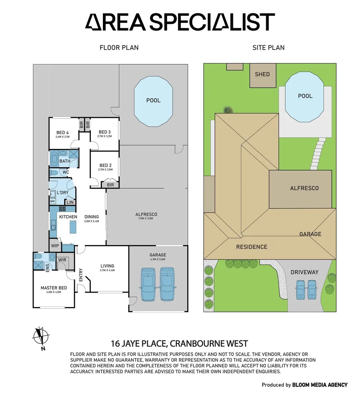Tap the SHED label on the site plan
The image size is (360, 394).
(x=262, y=74)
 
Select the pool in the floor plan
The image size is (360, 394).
(x=153, y=101)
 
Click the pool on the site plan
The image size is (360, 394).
(x=305, y=96)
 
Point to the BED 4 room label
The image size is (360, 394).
(x=62, y=132)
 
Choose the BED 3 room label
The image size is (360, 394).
(x=104, y=132)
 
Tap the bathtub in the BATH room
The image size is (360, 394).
(x=55, y=159)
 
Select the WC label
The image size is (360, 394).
(x=66, y=172)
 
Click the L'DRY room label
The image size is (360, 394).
(x=63, y=192)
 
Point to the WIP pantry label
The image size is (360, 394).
(x=55, y=246)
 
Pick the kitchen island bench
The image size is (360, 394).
(x=73, y=228)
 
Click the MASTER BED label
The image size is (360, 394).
(x=54, y=288)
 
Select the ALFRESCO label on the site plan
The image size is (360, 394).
(x=304, y=188)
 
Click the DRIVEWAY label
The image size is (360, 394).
(x=305, y=272)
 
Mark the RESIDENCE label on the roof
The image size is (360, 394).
(x=252, y=247)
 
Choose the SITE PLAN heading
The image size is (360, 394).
(x=268, y=47)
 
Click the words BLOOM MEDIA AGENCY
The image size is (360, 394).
(x=320, y=385)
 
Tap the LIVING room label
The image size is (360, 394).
(x=107, y=266)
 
